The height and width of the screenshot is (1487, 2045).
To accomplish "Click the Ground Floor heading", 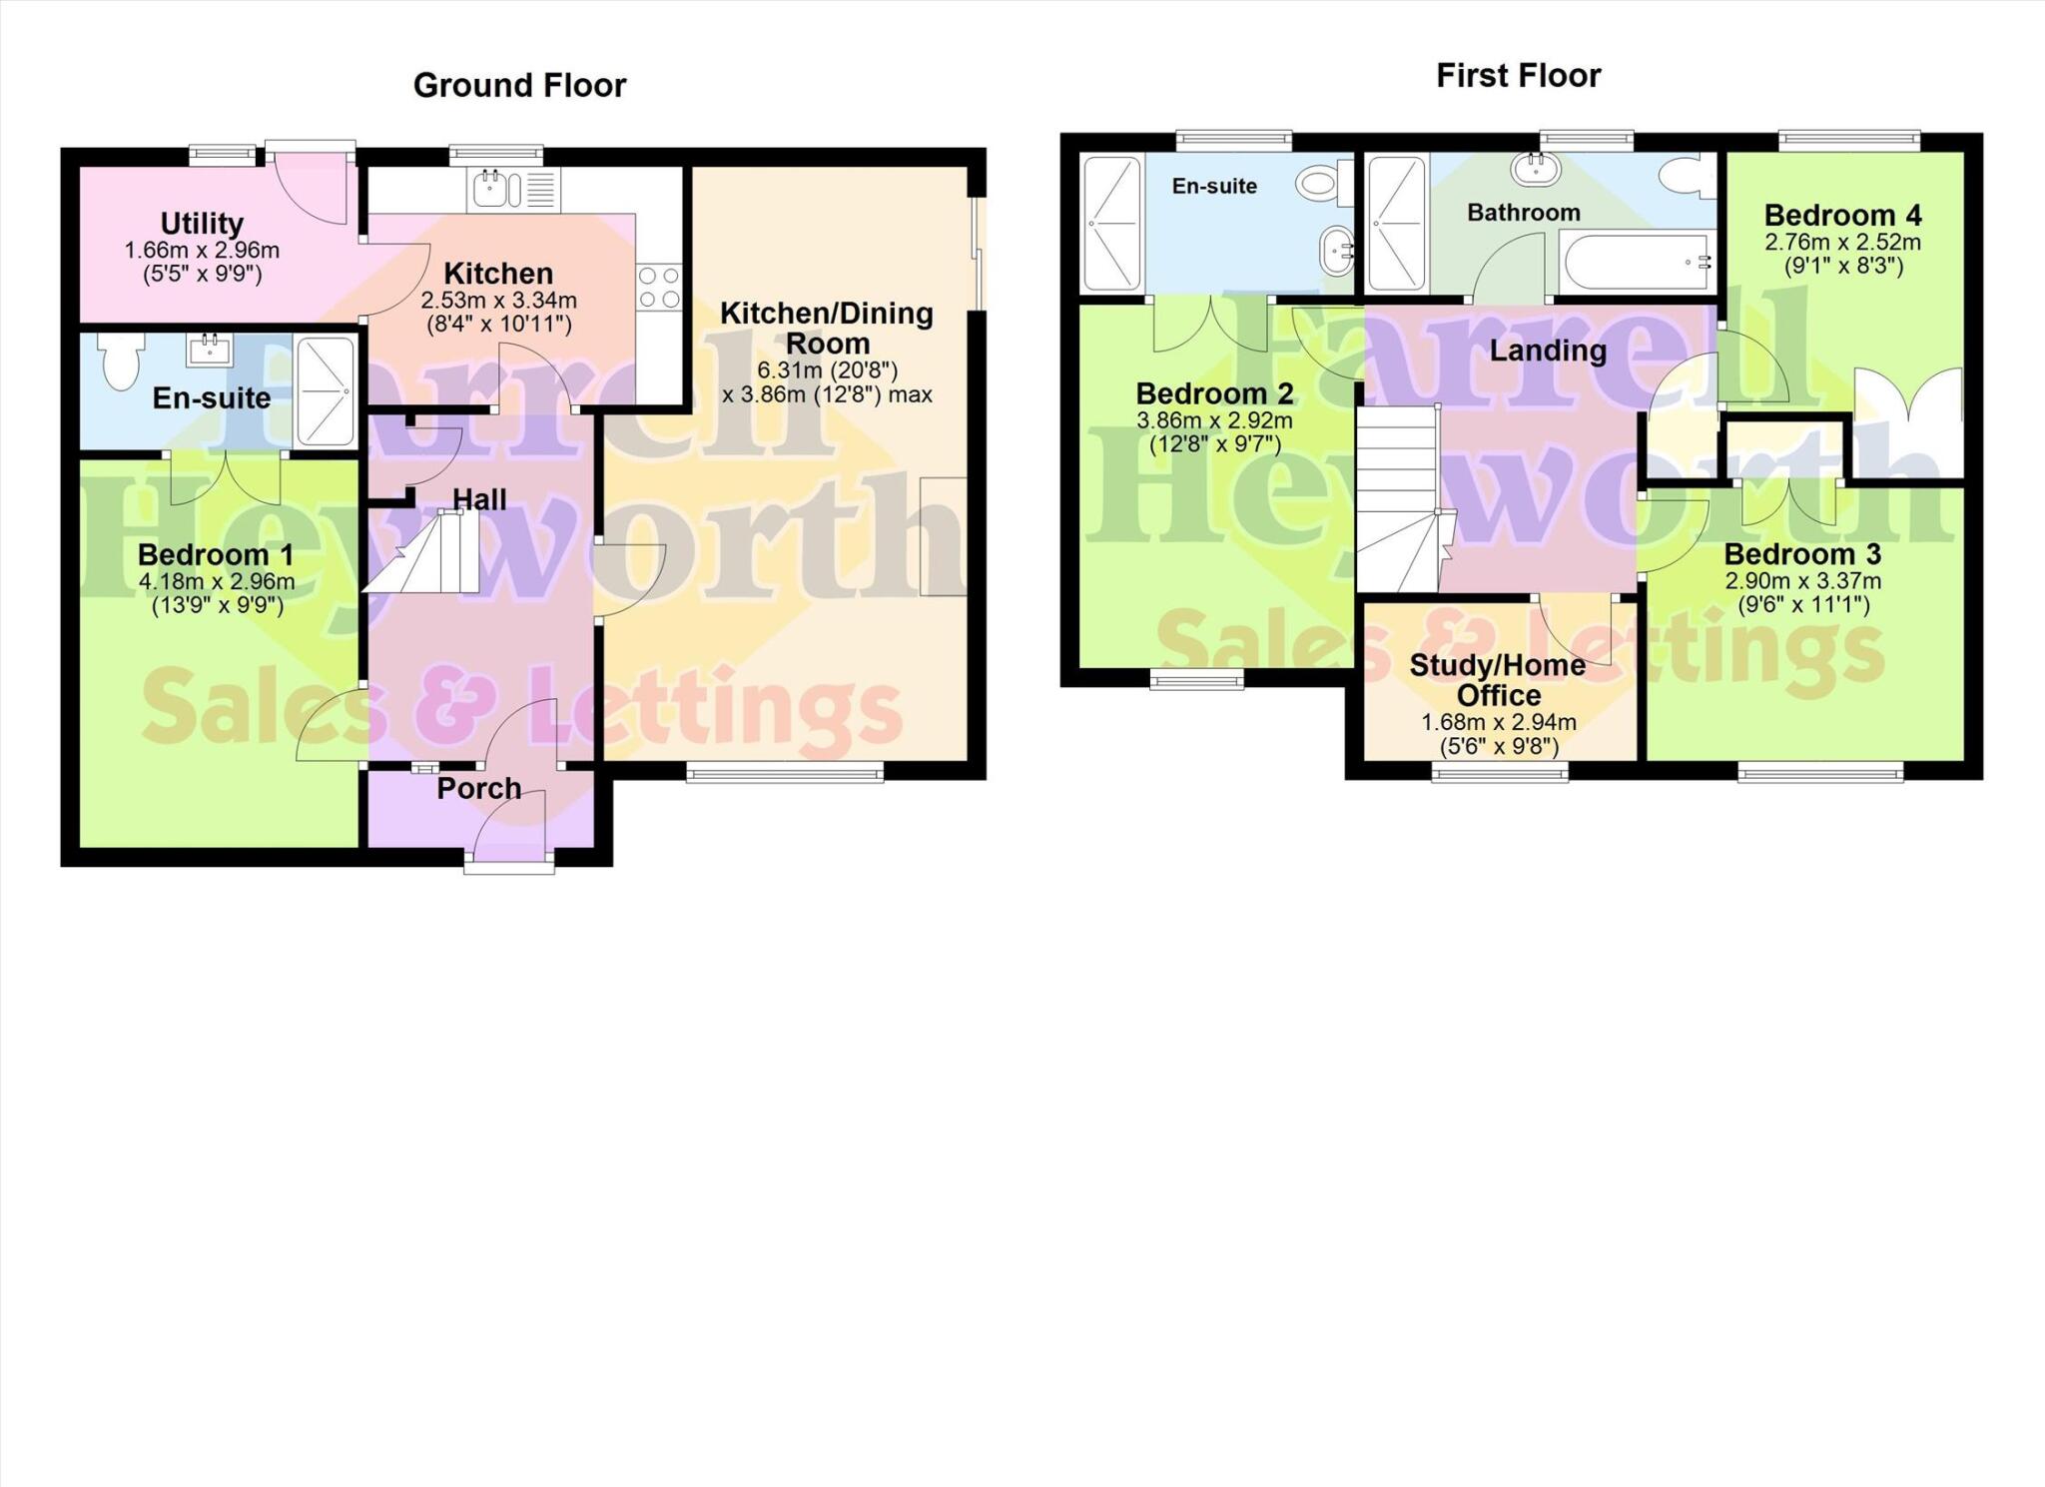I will point(519,86).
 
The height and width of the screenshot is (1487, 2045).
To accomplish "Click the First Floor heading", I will point(1518,76).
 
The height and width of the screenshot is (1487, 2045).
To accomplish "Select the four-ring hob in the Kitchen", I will point(659,287).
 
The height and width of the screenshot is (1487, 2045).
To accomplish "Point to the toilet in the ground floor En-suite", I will point(121,361).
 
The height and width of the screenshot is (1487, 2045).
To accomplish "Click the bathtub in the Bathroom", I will point(1636,262).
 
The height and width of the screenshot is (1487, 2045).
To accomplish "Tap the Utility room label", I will point(202,223).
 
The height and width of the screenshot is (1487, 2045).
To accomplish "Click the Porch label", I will point(479,789).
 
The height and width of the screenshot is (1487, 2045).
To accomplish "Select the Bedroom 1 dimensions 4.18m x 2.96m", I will point(217,581).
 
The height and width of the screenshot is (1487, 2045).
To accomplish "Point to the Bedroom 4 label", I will point(1842,216).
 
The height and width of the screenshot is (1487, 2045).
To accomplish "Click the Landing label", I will point(1548,351).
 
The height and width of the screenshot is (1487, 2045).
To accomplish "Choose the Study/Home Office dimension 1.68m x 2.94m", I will point(1499,722).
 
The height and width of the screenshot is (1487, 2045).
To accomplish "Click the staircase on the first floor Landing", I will point(1398,499).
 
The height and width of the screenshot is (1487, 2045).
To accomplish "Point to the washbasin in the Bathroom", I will point(1536,169).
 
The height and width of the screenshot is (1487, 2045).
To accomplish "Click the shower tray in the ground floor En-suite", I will point(326,390).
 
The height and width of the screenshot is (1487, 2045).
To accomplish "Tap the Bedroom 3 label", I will point(1802,554).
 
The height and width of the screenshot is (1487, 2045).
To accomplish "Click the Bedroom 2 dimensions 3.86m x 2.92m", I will point(1214,420).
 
